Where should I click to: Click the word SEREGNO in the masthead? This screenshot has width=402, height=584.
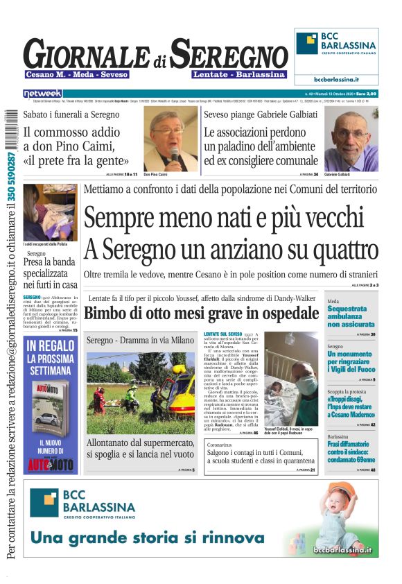click(229, 54)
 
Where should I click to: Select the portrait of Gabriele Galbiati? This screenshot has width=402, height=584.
click(351, 139)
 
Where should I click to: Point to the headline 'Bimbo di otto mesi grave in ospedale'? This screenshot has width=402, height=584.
click(202, 313)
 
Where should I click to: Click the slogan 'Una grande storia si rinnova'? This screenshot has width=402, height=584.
click(147, 538)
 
